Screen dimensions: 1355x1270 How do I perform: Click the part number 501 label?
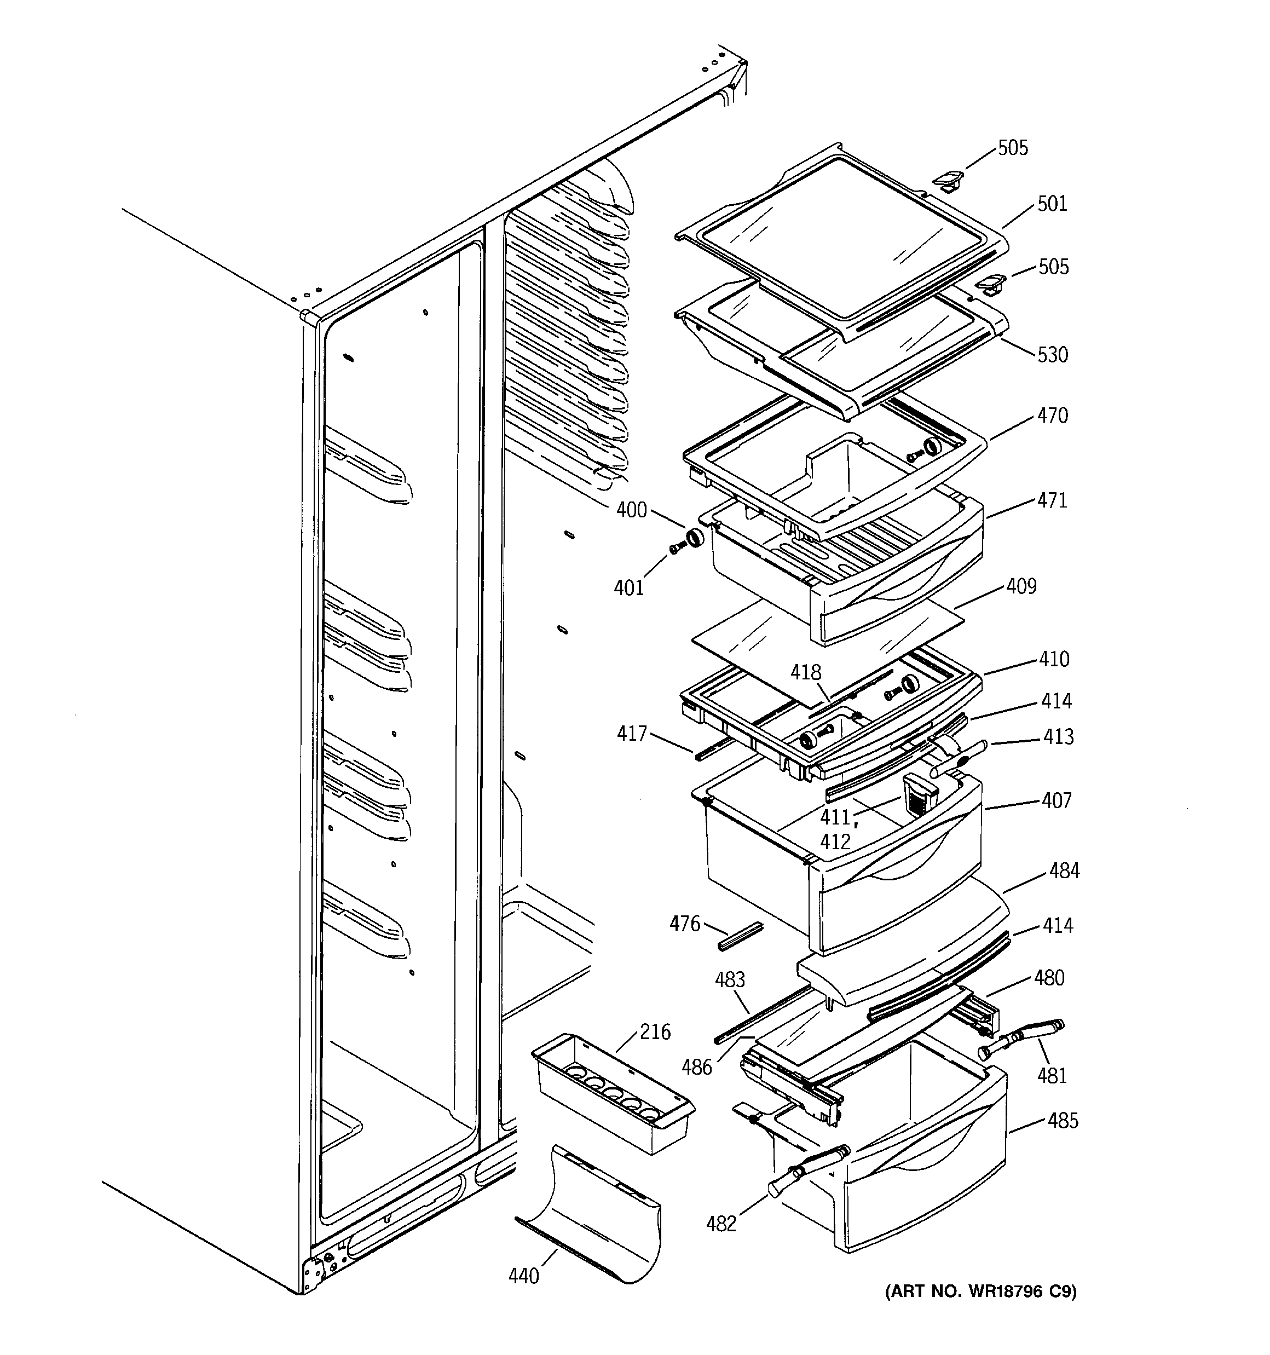[x=1052, y=204]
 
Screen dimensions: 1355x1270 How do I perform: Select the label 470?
[x=1053, y=416]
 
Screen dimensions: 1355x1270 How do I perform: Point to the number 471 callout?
[x=1053, y=500]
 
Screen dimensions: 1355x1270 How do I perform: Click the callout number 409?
[x=1021, y=586]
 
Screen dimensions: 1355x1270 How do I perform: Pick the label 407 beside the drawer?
[x=1057, y=800]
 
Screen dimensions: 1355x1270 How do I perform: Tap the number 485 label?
[x=1063, y=1121]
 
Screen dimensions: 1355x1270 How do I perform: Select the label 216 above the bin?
[x=655, y=1032]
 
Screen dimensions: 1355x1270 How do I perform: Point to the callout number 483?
[x=729, y=980]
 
